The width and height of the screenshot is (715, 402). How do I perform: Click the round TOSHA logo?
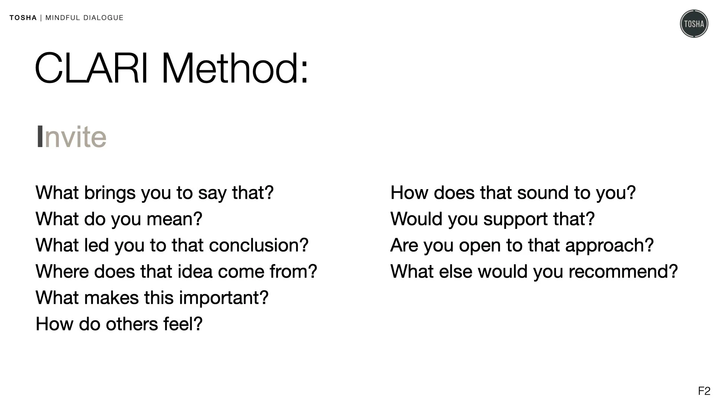694,24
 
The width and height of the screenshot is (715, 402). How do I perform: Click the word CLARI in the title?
92,68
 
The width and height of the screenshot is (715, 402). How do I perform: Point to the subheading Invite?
71,137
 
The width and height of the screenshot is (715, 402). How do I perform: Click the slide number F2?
704,391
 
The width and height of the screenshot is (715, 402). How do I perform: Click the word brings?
110,193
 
